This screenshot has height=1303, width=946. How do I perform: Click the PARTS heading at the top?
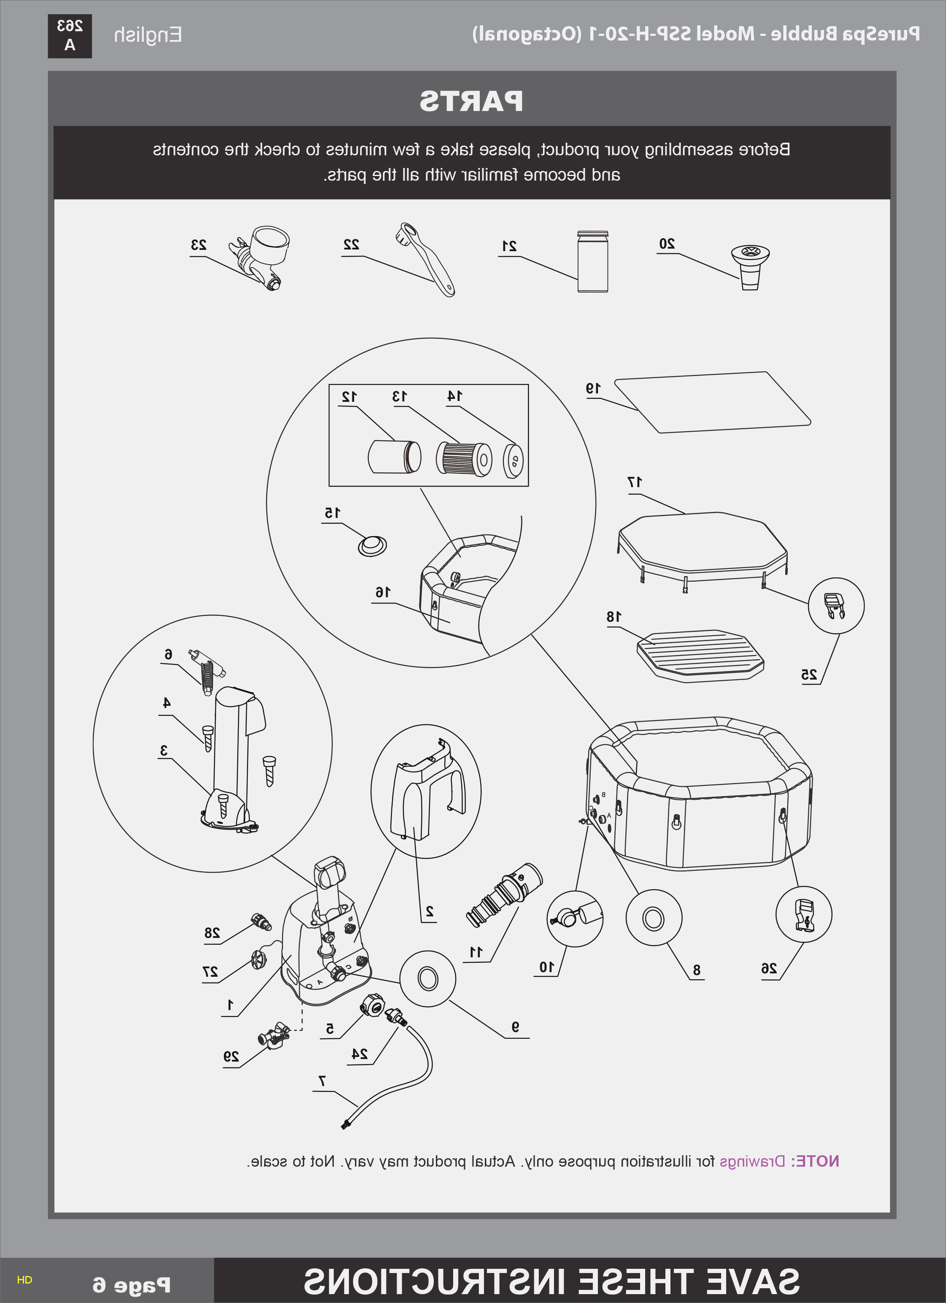pos(471,101)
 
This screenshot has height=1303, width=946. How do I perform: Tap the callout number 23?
pos(199,245)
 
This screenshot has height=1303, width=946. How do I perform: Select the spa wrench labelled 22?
pos(425,259)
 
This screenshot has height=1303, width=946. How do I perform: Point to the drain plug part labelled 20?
pos(750,267)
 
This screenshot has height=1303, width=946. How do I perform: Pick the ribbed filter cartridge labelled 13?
pos(464,458)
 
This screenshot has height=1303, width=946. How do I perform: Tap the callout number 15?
pos(332,512)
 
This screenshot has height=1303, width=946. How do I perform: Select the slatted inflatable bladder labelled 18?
pos(700,656)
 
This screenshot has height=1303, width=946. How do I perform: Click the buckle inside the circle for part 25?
pos(835,606)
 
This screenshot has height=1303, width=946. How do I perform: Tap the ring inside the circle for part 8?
pos(653,918)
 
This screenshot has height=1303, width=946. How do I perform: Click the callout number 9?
pos(515,1026)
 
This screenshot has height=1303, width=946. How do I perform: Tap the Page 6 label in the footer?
pos(132,1284)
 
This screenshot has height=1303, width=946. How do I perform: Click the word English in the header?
pos(148,35)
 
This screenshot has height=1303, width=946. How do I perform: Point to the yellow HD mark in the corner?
pos(25,1279)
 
